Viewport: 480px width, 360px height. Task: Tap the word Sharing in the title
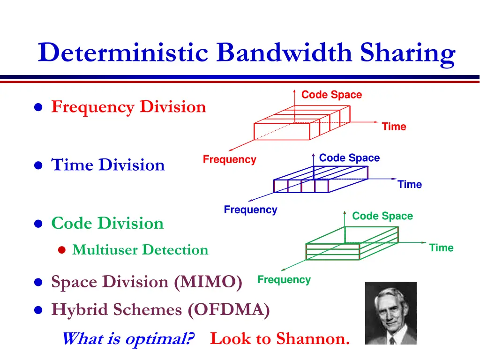pyautogui.click(x=408, y=54)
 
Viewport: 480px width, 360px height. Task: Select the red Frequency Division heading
pyautogui.click(x=128, y=107)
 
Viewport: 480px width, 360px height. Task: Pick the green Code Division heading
pyautogui.click(x=107, y=223)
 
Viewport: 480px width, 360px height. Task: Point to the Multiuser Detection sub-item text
pyautogui.click(x=140, y=250)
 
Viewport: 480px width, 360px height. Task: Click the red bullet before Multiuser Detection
pyautogui.click(x=62, y=250)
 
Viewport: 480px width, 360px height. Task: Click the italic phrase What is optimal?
pyautogui.click(x=128, y=339)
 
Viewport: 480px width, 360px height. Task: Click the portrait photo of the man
pyautogui.click(x=391, y=313)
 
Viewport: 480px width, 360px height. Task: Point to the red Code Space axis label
pyautogui.click(x=331, y=95)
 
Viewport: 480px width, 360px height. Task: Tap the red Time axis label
pyautogui.click(x=394, y=127)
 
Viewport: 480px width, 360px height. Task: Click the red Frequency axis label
pyautogui.click(x=230, y=159)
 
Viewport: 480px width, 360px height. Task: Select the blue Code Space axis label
pyautogui.click(x=349, y=157)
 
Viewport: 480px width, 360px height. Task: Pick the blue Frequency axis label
pyautogui.click(x=250, y=210)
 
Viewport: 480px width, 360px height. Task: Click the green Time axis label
pyautogui.click(x=441, y=247)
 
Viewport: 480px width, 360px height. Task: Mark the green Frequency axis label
pyautogui.click(x=284, y=279)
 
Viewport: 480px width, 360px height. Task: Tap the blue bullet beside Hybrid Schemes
pyautogui.click(x=38, y=310)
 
